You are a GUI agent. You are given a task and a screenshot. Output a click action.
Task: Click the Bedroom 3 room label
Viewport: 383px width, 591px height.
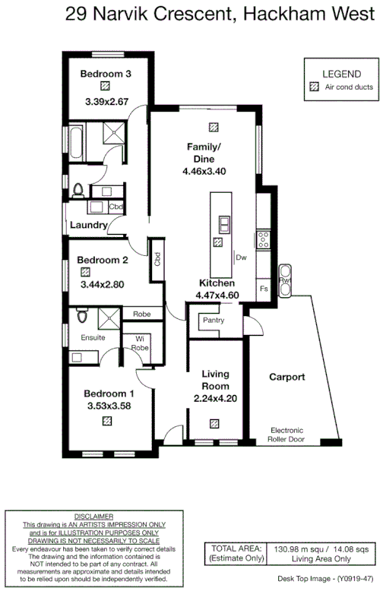(106, 74)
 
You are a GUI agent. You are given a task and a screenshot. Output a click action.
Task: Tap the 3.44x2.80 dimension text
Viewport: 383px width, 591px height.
(101, 285)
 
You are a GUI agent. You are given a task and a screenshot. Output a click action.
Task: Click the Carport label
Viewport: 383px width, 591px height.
(287, 377)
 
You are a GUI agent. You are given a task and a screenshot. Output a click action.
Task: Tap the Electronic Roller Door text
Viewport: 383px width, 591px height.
(291, 435)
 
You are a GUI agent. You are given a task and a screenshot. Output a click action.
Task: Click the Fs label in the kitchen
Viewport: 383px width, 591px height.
(263, 289)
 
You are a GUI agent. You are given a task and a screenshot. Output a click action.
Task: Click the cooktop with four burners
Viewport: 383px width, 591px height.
(263, 240)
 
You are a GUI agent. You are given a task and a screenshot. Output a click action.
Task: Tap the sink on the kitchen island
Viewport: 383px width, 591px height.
(224, 224)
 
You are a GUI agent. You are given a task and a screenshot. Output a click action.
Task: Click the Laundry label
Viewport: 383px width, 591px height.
(88, 226)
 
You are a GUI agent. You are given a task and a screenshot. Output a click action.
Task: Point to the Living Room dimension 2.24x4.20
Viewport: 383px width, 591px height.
(216, 399)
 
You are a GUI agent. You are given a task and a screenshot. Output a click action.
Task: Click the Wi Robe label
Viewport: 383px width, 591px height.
(140, 343)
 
